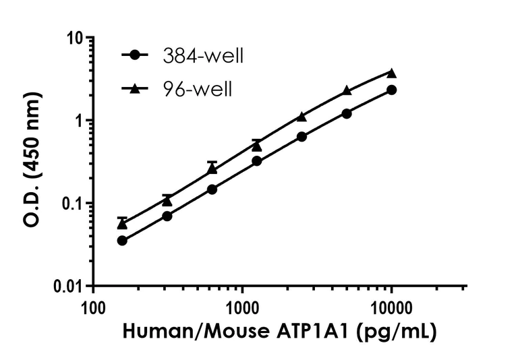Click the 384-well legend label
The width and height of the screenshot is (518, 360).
coord(202,56)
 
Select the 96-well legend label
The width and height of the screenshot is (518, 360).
coord(198,89)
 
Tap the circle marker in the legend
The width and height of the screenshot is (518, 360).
coord(138,56)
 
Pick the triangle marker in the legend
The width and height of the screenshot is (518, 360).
coord(138,88)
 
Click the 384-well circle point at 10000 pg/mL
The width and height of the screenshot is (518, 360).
coord(391,90)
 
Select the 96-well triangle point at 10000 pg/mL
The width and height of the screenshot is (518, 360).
coord(391,73)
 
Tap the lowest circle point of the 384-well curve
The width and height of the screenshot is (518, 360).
coord(122,241)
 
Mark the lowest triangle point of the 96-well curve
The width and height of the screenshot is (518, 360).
coord(122,224)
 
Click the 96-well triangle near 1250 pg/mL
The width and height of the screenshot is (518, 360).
coord(257,146)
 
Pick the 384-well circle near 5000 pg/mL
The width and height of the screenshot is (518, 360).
coord(347,114)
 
